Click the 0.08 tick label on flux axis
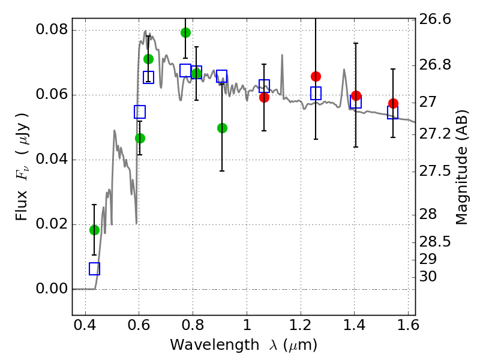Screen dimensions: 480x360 click(52, 29)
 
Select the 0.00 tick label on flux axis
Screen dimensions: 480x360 click(52, 289)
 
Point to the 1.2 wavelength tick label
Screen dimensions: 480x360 click(301, 325)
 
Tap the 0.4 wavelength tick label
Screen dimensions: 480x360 click(85, 325)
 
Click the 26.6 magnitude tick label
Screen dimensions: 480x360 click(435, 19)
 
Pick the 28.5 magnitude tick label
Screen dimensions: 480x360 click(435, 242)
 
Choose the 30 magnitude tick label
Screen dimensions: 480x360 click(428, 277)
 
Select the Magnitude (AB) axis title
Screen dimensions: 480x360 click(462, 167)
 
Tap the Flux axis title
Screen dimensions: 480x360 click(22, 167)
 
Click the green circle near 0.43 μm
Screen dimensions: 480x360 click(94, 230)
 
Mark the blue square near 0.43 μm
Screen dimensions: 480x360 click(94, 269)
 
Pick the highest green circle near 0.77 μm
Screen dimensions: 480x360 click(185, 32)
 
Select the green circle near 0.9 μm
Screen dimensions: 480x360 click(222, 128)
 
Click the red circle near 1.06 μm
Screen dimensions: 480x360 click(264, 97)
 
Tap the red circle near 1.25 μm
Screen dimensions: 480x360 click(316, 76)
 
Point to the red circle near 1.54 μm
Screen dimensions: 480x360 click(394, 103)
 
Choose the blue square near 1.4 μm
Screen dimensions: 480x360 click(356, 101)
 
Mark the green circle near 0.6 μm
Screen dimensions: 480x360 click(140, 139)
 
